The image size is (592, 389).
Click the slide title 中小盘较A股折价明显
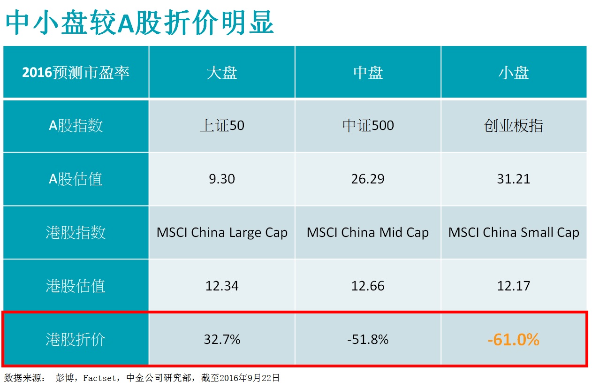coord(139,23)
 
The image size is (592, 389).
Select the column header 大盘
coord(222,73)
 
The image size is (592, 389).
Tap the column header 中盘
coord(368,73)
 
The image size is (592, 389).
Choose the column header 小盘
coord(513,73)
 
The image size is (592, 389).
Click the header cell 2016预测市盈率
coord(76,73)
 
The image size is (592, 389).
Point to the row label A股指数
coord(76,126)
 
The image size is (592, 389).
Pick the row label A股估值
coord(76,179)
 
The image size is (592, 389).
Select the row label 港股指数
coord(76,232)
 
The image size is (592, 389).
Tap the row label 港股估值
coord(76,286)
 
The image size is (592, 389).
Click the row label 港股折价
coord(76,339)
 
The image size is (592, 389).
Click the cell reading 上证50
coord(222,126)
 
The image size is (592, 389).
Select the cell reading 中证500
coord(368,126)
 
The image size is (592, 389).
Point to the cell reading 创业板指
coord(513,126)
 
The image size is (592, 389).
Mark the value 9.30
coord(222,179)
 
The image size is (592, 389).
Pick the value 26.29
coord(368,179)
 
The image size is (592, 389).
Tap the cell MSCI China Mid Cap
coord(368,232)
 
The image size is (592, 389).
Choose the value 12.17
coord(513,286)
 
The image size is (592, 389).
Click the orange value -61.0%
coord(513,339)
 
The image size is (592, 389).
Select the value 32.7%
coord(222,339)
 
